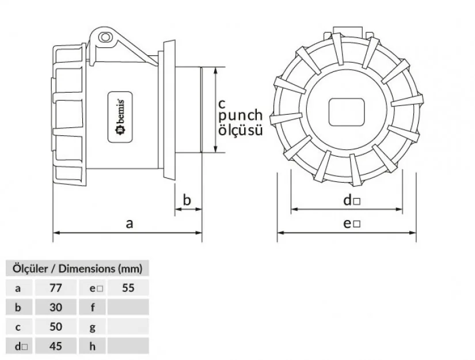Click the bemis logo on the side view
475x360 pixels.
pos(121,116)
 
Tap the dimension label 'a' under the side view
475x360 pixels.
pos(129,223)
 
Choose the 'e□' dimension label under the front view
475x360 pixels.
pos(352,223)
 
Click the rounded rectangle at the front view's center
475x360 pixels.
pos(347,112)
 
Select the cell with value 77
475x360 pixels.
pos(55,287)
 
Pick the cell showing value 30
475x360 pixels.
pos(55,307)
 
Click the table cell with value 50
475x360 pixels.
pos(55,327)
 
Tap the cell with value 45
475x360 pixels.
pos(55,346)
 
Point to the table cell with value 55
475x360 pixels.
pos(128,287)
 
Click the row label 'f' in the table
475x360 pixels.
pos(92,307)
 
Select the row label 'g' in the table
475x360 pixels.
pos(92,327)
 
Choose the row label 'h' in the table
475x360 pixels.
pos(92,346)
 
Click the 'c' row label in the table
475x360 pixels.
pos(18,327)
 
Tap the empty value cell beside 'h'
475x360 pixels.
pos(128,346)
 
